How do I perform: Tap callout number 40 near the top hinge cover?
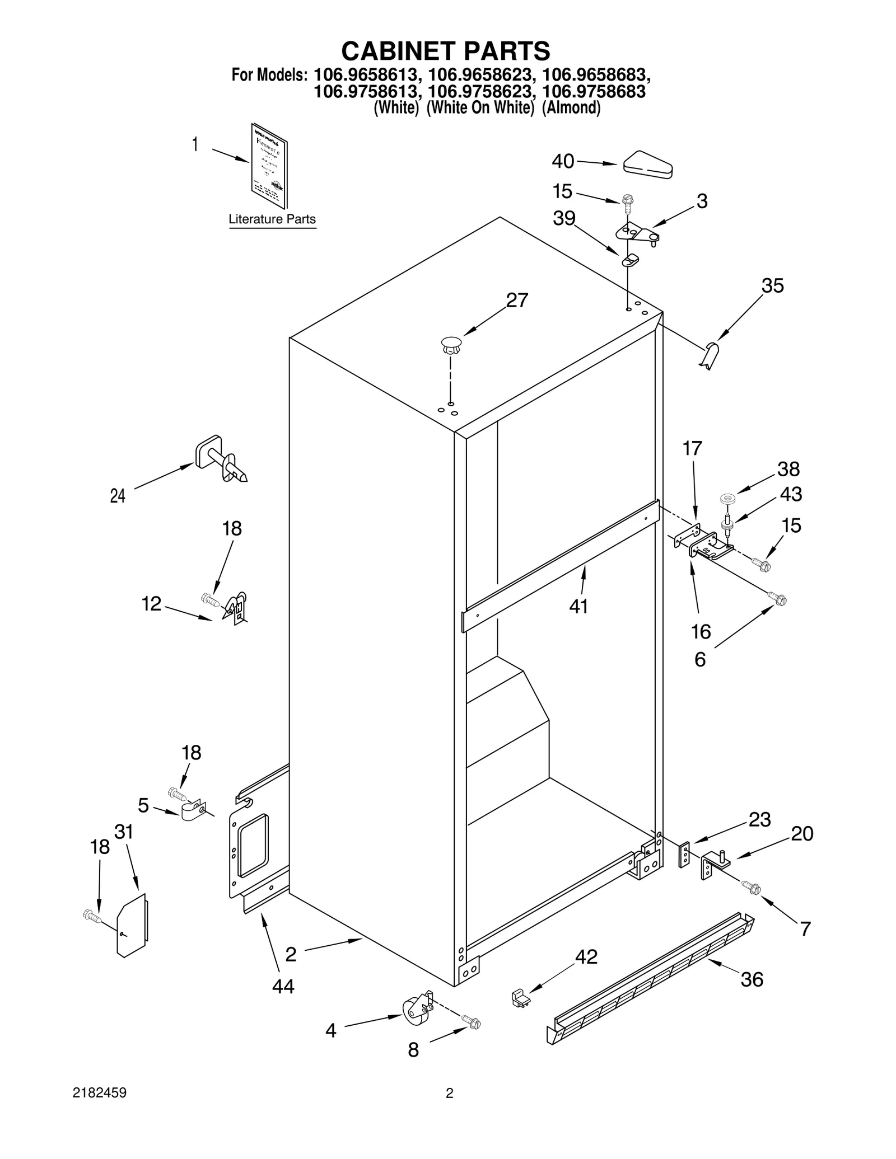[x=563, y=161]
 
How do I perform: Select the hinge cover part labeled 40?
[x=648, y=165]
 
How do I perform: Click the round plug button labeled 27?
[x=451, y=344]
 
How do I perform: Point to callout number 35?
[x=772, y=285]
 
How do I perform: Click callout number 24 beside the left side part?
[x=118, y=495]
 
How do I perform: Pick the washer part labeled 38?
[x=728, y=498]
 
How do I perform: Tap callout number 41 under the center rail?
[x=578, y=606]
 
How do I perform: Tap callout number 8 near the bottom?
[x=413, y=1050]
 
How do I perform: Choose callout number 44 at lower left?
[x=283, y=986]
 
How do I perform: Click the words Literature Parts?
[x=272, y=219]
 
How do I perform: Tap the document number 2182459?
[x=100, y=1093]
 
